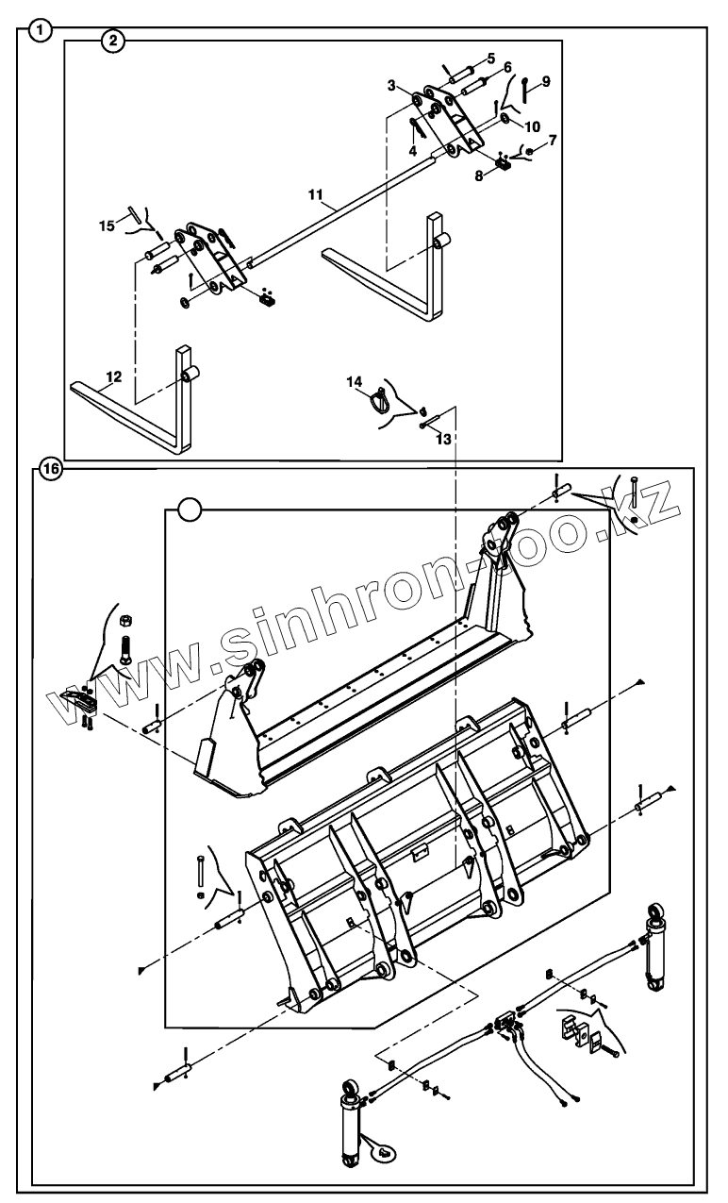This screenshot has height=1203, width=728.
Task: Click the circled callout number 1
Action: coord(40,29)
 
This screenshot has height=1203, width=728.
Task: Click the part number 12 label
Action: coord(113,376)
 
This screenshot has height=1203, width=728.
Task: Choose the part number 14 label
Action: coord(354,381)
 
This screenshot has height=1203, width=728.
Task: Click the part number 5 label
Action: coord(491,58)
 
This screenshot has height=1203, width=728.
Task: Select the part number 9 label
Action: coord(545,81)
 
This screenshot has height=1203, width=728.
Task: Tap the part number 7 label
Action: coord(553,140)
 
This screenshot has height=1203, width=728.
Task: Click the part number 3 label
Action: coord(391,86)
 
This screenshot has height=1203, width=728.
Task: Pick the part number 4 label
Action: coord(412,149)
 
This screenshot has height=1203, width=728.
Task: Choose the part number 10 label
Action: coord(533,125)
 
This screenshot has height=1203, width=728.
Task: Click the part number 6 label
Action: coord(507,68)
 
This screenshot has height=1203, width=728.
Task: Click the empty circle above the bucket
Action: coord(190,510)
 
